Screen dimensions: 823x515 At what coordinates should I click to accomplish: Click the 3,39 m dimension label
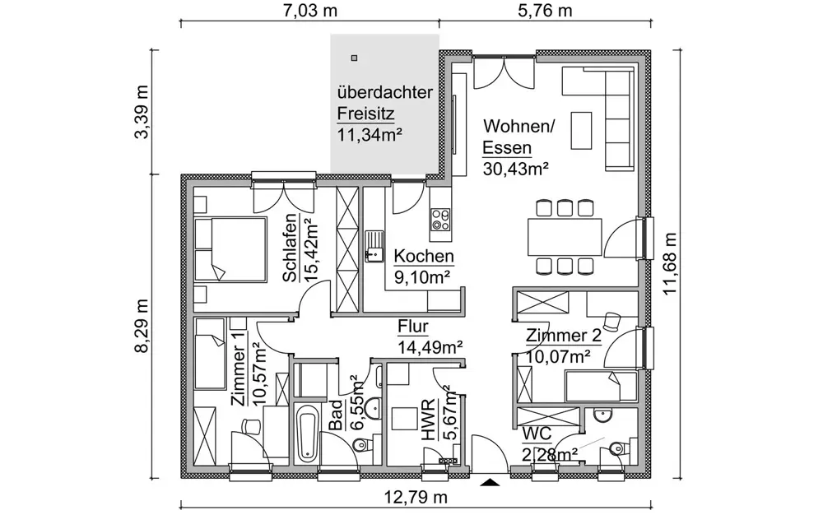[x=142, y=112]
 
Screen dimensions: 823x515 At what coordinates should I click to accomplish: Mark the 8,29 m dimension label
[x=142, y=326]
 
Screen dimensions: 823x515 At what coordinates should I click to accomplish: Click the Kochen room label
[x=424, y=256]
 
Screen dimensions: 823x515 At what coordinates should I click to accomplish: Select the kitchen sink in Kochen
[x=374, y=246]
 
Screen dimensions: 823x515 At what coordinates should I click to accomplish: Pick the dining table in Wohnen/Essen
[x=565, y=236]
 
